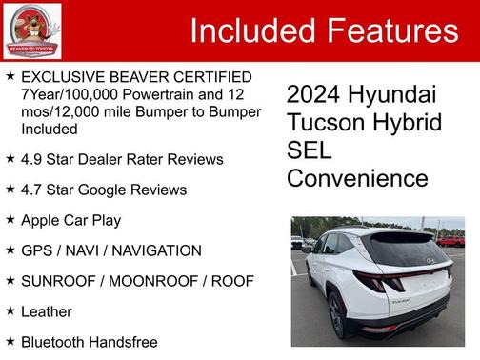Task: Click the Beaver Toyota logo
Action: click(32, 30)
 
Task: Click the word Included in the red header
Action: click(250, 31)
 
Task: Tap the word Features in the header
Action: click(390, 31)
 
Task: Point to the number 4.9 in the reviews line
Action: click(32, 159)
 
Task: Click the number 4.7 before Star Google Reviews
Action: click(32, 190)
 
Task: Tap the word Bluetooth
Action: click(53, 341)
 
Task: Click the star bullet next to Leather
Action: click(10, 310)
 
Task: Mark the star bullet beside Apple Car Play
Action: click(10, 219)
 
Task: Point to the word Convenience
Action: click(357, 178)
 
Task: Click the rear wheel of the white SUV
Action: click(336, 315)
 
